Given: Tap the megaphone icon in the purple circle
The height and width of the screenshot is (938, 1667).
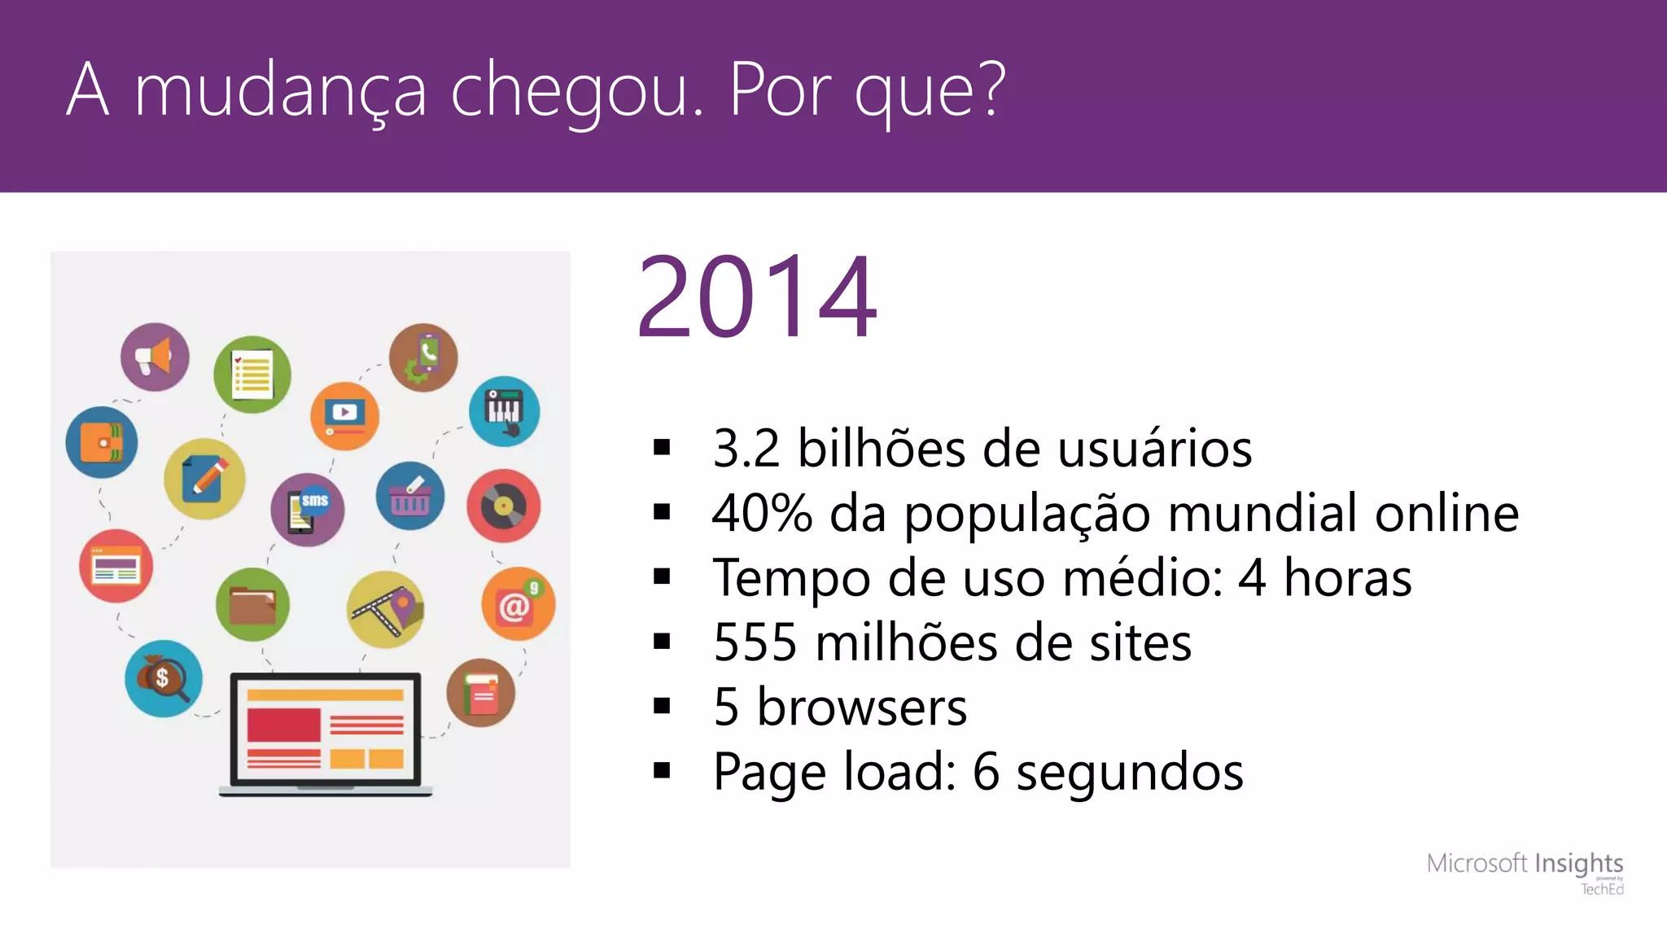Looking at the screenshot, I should coord(155,357).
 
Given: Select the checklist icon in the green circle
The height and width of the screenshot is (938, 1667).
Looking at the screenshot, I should coord(252,375).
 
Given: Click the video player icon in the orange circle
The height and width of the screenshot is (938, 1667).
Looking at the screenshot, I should coord(344,415).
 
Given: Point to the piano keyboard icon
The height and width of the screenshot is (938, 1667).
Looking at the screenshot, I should coord(504,410).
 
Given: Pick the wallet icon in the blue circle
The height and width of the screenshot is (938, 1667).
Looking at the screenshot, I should coord(102,442).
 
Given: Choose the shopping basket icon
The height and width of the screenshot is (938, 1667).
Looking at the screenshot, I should coord(410,497).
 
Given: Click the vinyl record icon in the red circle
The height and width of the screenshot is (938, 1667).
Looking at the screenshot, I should coord(503,506).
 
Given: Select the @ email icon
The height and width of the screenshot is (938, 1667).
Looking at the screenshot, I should coord(518,603).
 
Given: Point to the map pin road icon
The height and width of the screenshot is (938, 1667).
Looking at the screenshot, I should coord(385,609).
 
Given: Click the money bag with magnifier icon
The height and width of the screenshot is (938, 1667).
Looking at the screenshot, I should coord(164,678).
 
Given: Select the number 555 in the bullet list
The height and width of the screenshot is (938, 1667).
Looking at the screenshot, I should coord(755,642).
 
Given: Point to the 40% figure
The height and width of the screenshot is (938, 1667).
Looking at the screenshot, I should coord(762,513).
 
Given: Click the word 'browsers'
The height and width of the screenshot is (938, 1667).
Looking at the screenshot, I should coord(862,707).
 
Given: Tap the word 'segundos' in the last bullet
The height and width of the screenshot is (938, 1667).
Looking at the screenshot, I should coord(1130,771).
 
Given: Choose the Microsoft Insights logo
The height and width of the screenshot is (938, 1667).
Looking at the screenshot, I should coord(1525,870).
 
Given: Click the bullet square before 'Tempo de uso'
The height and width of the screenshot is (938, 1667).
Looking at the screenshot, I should coord(662,577).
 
